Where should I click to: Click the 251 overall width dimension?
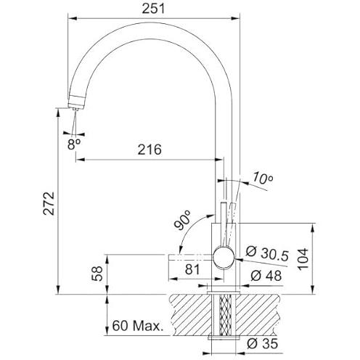pyautogui.click(x=153, y=9)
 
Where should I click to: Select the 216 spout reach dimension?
pyautogui.click(x=150, y=150)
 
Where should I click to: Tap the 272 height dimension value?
pyautogui.click(x=49, y=203)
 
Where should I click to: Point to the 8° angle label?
pyautogui.click(x=74, y=144)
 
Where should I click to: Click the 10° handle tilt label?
pyautogui.click(x=263, y=178)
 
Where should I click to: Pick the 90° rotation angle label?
pyautogui.click(x=183, y=221)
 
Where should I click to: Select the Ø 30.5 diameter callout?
pyautogui.click(x=267, y=253)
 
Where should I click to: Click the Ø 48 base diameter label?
pyautogui.click(x=266, y=276)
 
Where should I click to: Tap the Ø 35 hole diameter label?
pyautogui.click(x=263, y=343)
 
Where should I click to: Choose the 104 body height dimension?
pyautogui.click(x=303, y=259)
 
